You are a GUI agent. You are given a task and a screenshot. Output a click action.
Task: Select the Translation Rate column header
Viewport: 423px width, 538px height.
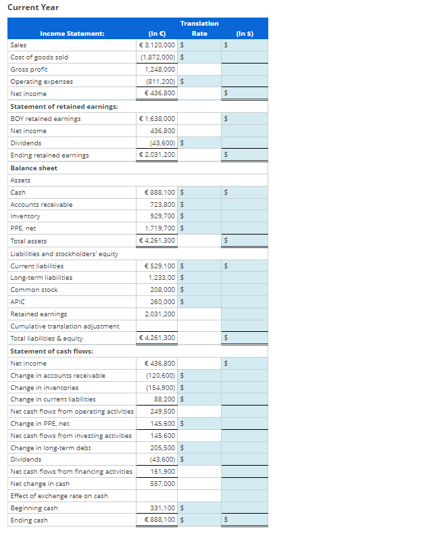tap(199, 28)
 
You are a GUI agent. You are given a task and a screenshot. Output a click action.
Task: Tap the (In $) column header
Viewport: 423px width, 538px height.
tap(245, 33)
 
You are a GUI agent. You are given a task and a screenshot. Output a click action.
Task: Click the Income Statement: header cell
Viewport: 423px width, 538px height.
tap(72, 33)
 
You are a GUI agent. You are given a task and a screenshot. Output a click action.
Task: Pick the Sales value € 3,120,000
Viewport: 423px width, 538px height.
tap(157, 45)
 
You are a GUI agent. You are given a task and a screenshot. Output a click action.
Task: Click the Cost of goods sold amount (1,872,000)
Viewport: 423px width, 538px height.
tap(157, 57)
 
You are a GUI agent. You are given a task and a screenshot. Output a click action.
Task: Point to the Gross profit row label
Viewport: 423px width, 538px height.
tap(29, 70)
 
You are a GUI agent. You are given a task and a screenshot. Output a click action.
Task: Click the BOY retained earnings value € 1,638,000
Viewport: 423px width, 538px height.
tap(157, 119)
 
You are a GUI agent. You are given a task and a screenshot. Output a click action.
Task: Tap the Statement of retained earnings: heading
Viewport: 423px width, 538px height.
tap(64, 107)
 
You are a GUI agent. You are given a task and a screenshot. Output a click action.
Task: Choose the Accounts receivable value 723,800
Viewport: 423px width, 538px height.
tap(162, 204)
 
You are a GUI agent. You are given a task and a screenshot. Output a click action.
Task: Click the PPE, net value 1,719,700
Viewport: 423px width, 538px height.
tap(160, 228)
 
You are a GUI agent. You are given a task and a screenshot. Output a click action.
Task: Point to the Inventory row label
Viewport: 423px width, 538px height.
tap(26, 216)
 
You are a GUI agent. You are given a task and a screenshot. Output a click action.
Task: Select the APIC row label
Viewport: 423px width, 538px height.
tap(18, 302)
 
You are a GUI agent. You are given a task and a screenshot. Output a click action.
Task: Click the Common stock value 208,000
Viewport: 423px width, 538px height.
tap(163, 290)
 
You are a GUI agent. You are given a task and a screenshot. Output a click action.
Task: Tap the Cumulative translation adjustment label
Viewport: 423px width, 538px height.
tap(65, 326)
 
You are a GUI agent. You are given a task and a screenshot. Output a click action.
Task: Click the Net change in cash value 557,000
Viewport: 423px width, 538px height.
tap(163, 484)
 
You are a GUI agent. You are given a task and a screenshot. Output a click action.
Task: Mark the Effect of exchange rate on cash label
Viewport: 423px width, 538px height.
tap(59, 496)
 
